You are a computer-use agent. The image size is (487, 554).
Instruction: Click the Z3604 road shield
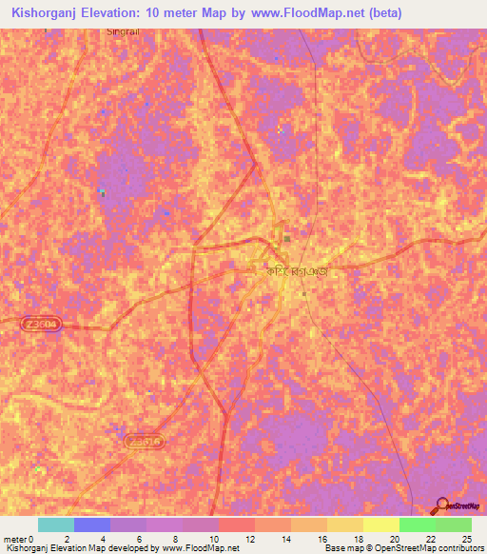point(43,324)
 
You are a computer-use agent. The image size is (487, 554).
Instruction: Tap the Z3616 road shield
point(145,442)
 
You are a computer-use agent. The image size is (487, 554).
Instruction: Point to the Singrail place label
point(119,30)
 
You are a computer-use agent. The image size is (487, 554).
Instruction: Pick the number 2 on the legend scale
point(66,540)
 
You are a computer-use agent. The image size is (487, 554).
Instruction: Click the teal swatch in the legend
point(55,524)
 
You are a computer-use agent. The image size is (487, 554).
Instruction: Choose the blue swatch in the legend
point(91,524)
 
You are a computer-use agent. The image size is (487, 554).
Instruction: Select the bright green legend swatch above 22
point(417,524)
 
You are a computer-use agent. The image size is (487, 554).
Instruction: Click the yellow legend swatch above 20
point(380,524)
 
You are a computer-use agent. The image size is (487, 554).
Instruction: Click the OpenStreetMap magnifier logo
point(442,505)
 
